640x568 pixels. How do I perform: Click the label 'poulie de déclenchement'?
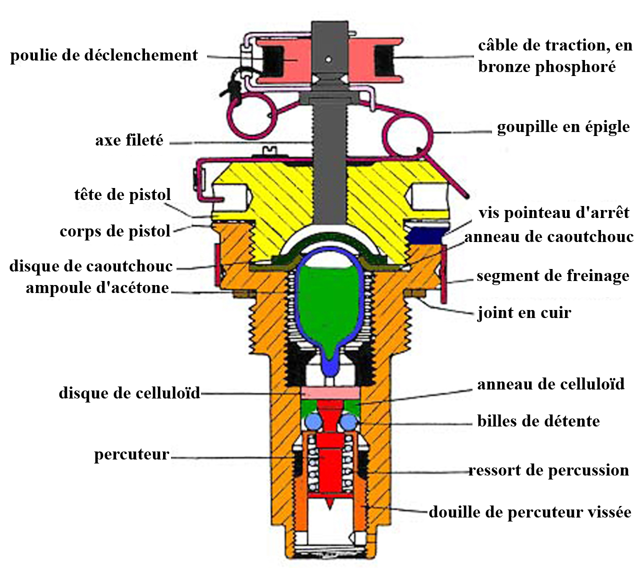click(x=104, y=55)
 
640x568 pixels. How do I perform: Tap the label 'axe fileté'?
click(x=129, y=140)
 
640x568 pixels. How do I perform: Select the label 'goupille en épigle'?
click(x=563, y=127)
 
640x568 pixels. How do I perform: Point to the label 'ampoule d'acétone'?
click(x=97, y=288)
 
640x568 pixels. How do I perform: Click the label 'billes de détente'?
click(x=538, y=421)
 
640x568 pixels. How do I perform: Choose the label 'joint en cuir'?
click(x=524, y=313)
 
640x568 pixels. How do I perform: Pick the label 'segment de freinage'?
click(x=552, y=276)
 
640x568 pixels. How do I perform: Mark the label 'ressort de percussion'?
click(x=548, y=470)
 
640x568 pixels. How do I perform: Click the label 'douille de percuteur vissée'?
click(x=530, y=512)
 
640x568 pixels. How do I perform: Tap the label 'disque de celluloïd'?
click(x=129, y=393)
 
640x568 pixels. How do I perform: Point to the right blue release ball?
click(x=348, y=422)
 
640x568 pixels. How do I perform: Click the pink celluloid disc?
click(x=330, y=392)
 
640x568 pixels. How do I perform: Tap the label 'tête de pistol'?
click(x=122, y=194)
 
